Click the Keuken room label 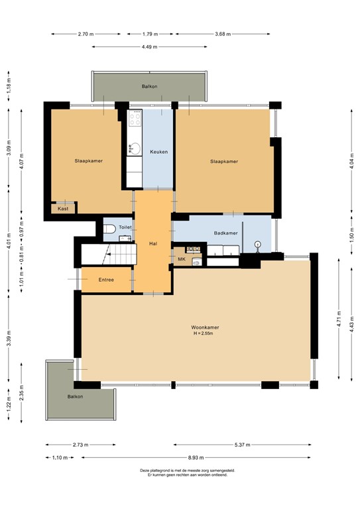(x=158, y=152)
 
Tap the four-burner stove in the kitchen (x=135, y=119)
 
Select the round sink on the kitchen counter (x=135, y=147)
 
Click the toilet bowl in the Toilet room (x=110, y=229)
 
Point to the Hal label (x=153, y=244)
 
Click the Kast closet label (x=63, y=209)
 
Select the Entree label (x=106, y=280)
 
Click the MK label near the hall (x=181, y=259)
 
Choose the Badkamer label (x=225, y=233)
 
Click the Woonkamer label (x=205, y=327)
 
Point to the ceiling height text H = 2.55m (x=205, y=334)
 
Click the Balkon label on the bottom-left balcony (x=75, y=396)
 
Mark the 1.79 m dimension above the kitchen (x=151, y=33)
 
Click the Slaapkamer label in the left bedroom (x=88, y=161)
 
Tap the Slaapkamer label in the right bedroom (x=223, y=161)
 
